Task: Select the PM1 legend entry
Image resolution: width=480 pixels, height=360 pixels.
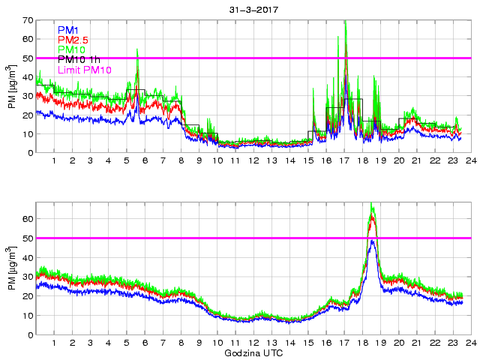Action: pyautogui.click(x=68, y=31)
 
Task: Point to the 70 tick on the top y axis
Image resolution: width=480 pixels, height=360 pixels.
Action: pyautogui.click(x=28, y=19)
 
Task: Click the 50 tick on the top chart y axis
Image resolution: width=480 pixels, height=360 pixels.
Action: pyautogui.click(x=28, y=58)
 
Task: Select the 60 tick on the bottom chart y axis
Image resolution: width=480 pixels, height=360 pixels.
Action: pyautogui.click(x=28, y=219)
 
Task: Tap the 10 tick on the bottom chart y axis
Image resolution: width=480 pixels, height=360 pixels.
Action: pyautogui.click(x=28, y=315)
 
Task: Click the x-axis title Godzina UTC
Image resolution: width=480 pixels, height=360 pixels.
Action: pyautogui.click(x=252, y=352)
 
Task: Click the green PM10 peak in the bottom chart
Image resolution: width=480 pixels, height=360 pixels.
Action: pyautogui.click(x=372, y=205)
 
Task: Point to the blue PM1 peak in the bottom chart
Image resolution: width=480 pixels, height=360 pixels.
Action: pyautogui.click(x=373, y=241)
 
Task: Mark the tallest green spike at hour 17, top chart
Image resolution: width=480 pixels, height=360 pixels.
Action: pyautogui.click(x=345, y=22)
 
